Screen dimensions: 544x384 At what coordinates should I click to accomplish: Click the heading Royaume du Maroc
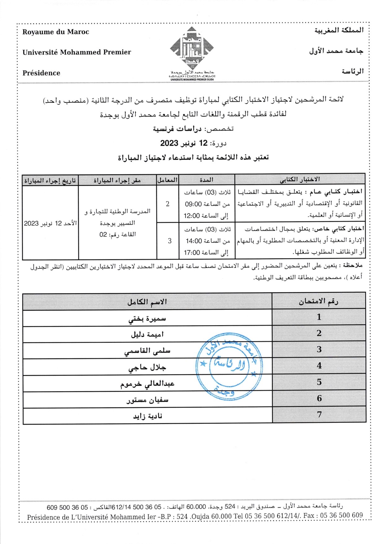point(56,32)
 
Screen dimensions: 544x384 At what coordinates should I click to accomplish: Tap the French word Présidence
point(41,73)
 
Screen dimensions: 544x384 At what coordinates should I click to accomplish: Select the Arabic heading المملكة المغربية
point(339,30)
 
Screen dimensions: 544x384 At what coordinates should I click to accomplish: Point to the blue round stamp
point(229,367)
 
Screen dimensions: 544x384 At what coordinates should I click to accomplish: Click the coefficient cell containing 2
point(168,204)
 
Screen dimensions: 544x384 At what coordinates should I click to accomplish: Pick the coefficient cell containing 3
point(169,241)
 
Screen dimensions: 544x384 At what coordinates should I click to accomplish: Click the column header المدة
point(206,180)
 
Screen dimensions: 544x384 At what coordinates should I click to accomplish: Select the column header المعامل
point(168,180)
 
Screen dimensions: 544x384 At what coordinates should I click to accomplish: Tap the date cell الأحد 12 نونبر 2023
point(50,223)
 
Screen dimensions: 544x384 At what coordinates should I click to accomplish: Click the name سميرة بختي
point(147,318)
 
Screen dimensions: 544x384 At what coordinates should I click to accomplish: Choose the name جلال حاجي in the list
point(147,367)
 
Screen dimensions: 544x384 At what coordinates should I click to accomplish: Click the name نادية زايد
point(148,416)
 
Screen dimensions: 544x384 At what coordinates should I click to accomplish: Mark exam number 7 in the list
point(319,414)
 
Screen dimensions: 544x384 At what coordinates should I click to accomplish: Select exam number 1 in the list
point(319,317)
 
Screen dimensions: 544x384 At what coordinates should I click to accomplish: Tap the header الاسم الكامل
point(147,302)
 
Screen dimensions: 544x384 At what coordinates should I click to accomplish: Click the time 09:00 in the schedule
point(194,204)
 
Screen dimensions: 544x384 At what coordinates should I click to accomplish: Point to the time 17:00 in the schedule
point(192,253)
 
